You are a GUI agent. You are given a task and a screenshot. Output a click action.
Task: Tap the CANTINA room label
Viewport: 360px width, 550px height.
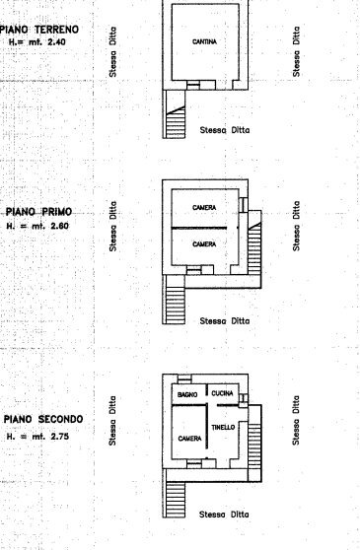point(205,41)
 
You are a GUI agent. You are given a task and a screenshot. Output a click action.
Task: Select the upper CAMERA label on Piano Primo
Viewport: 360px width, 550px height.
point(204,208)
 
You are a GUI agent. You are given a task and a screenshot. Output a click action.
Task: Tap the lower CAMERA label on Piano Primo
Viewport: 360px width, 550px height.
point(204,242)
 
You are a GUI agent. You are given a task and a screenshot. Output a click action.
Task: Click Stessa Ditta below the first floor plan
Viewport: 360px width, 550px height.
point(224,320)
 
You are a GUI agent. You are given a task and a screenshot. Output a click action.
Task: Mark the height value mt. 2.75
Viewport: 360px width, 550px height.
point(36,434)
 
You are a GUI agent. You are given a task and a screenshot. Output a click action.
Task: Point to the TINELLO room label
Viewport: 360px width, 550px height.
point(223,427)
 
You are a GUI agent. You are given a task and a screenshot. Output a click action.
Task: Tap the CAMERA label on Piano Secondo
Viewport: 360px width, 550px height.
point(189,438)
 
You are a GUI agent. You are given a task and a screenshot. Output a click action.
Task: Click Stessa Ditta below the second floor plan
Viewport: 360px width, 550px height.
point(224,514)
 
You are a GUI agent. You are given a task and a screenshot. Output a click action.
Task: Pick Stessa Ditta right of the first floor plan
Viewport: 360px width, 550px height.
point(296,229)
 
